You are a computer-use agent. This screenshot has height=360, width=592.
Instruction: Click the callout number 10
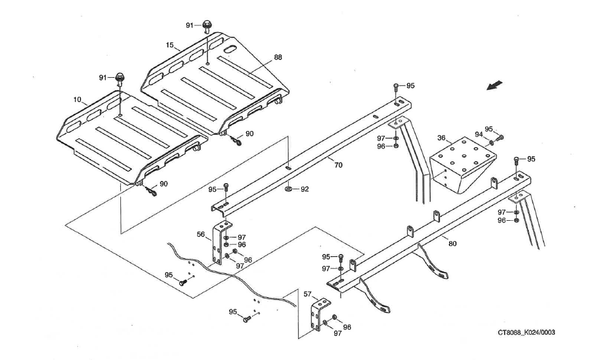(77, 99)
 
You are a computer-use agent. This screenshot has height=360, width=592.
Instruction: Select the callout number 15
(170, 45)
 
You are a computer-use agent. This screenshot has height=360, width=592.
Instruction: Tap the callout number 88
(277, 57)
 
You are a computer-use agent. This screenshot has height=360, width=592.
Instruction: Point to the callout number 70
(338, 165)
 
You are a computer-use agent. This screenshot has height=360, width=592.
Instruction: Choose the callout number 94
(479, 134)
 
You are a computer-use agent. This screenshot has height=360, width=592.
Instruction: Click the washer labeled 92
(288, 188)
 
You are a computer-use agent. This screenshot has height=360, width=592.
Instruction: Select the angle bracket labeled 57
(317, 316)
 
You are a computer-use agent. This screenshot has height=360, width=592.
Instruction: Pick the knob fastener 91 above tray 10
(119, 78)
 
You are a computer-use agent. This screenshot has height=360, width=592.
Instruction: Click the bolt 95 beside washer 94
(500, 137)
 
